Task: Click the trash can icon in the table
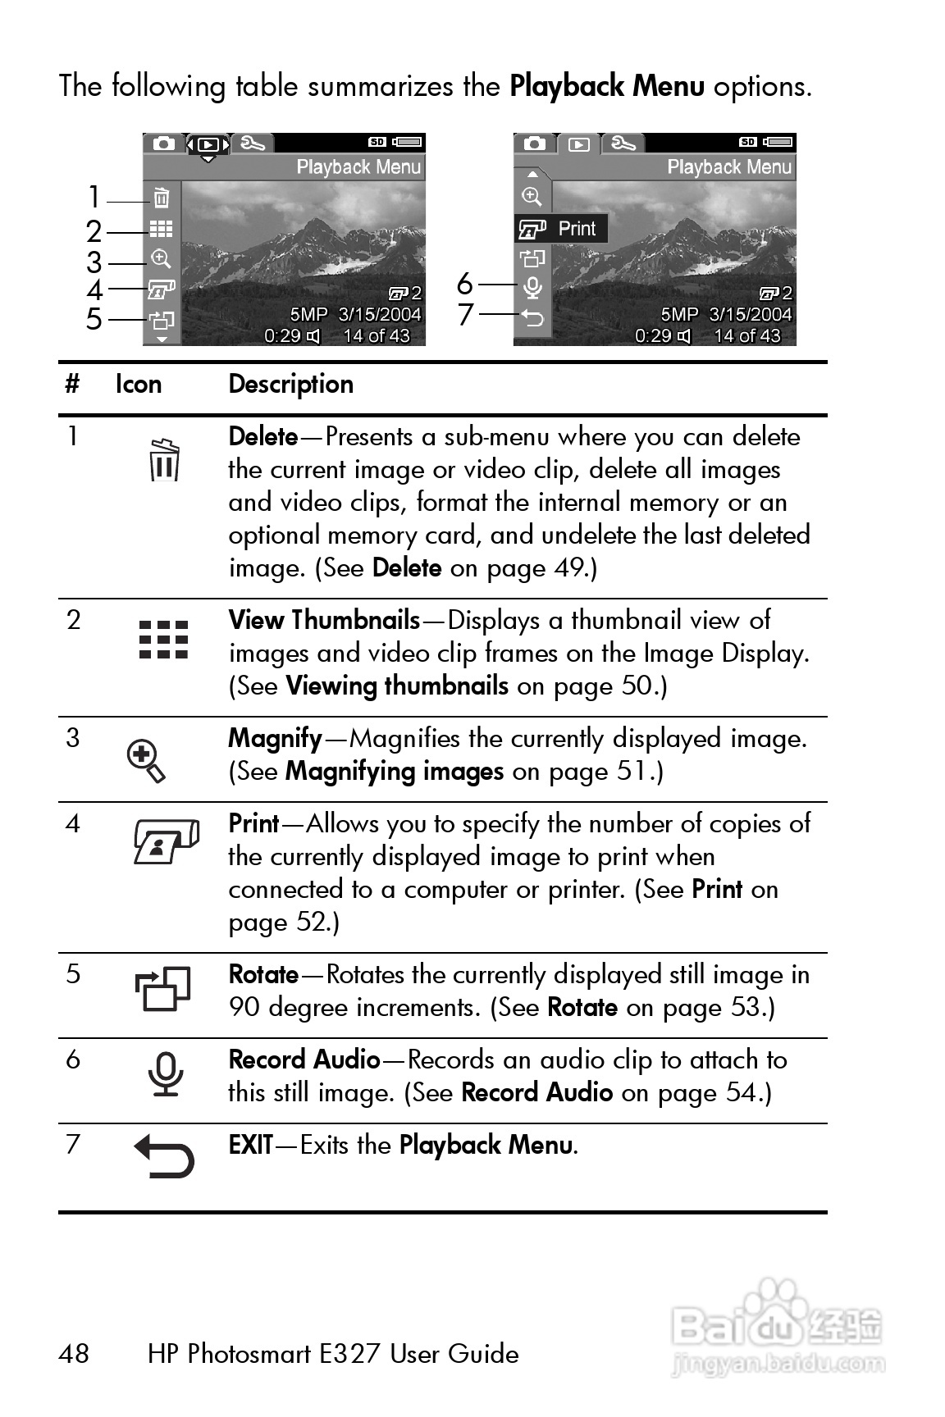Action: click(x=165, y=460)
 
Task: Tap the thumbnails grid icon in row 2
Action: click(x=164, y=640)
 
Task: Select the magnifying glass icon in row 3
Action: click(x=147, y=761)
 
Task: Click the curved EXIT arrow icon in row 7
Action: click(x=165, y=1155)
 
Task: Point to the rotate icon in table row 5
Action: click(x=163, y=989)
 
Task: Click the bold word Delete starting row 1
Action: click(x=262, y=436)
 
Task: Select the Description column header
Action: click(x=290, y=384)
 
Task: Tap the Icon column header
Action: click(x=138, y=384)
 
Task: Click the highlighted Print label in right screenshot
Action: click(x=577, y=229)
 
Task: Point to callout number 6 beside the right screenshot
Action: click(x=465, y=284)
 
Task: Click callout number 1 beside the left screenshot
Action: click(x=94, y=198)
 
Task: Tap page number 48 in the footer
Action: click(x=74, y=1353)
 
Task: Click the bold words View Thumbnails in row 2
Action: click(x=324, y=620)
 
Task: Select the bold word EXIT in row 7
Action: click(x=250, y=1144)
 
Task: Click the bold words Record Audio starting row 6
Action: click(x=304, y=1059)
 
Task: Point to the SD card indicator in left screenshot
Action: click(x=377, y=142)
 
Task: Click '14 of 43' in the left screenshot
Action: click(x=377, y=335)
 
